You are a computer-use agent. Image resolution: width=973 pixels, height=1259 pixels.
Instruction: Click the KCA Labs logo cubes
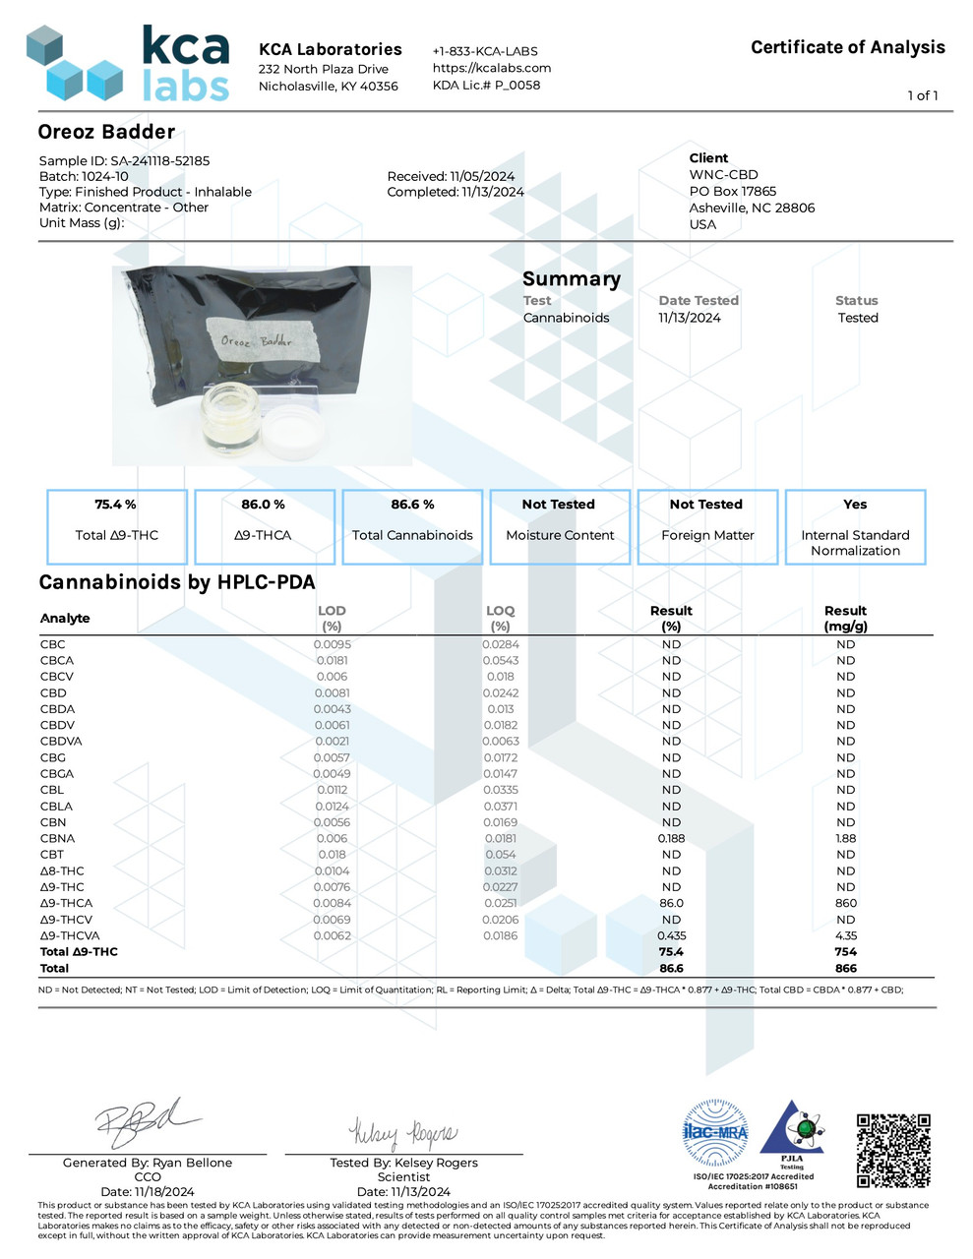pyautogui.click(x=74, y=64)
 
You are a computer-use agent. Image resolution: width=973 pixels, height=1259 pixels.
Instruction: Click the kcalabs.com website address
pyautogui.click(x=491, y=68)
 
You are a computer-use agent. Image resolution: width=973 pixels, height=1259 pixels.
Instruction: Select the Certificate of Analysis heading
pyautogui.click(x=847, y=47)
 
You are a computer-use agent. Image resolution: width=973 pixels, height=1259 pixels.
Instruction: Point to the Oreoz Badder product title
pyautogui.click(x=106, y=132)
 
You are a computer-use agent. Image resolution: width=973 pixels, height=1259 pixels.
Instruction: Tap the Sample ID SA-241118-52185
pyautogui.click(x=124, y=160)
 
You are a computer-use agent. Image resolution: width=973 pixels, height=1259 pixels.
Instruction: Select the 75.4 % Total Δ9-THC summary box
pyautogui.click(x=116, y=526)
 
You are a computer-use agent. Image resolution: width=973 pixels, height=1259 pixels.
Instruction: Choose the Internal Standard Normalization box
pyautogui.click(x=855, y=526)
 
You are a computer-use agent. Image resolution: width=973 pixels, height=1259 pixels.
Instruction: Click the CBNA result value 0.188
pyautogui.click(x=671, y=838)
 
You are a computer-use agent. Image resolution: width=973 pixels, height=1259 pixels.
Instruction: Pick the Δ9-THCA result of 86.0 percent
pyautogui.click(x=671, y=903)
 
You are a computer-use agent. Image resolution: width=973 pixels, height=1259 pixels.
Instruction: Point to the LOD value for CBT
pyautogui.click(x=332, y=855)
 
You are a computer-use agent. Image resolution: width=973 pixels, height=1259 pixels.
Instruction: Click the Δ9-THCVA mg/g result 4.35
pyautogui.click(x=845, y=935)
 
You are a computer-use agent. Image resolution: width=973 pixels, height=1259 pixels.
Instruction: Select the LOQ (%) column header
pyautogui.click(x=500, y=618)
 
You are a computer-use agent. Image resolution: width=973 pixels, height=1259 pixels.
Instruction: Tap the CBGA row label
pyautogui.click(x=57, y=774)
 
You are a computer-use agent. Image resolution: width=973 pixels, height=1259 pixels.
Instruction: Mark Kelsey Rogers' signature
pyautogui.click(x=402, y=1133)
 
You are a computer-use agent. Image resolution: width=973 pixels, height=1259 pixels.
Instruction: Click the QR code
pyautogui.click(x=892, y=1150)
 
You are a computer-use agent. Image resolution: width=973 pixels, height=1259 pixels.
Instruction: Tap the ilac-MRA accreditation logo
pyautogui.click(x=715, y=1133)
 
